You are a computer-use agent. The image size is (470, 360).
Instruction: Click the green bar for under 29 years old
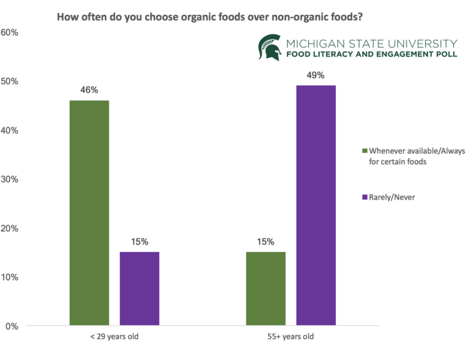point(89,213)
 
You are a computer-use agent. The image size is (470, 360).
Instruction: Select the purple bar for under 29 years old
point(139,288)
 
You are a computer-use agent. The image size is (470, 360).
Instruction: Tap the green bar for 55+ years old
point(266,288)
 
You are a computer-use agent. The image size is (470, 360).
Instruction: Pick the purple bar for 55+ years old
point(316,205)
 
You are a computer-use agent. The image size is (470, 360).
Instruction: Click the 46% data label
point(89,90)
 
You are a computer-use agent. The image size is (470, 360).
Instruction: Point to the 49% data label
point(315,75)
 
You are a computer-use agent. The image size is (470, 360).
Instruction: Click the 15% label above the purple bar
point(139,241)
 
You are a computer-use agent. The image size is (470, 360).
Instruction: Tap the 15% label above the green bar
point(266,241)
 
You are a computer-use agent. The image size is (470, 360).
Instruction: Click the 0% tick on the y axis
point(12,326)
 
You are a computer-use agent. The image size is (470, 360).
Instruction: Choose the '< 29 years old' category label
point(115,338)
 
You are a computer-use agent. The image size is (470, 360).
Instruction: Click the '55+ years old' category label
point(291,338)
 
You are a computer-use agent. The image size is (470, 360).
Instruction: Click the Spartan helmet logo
point(270,48)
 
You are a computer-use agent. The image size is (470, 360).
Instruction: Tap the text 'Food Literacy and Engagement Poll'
point(372,54)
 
